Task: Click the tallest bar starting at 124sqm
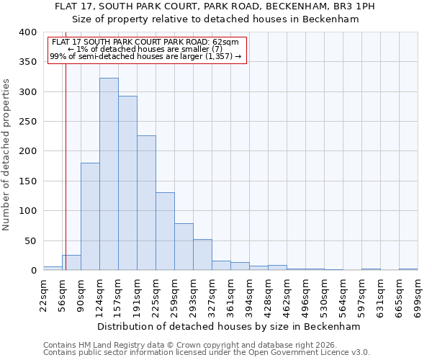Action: pos(109,174)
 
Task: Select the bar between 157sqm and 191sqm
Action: pos(127,184)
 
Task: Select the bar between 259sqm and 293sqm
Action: pos(184,247)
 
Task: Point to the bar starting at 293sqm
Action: pos(202,255)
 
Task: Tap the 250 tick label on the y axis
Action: pos(27,122)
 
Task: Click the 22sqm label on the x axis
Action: pos(43,295)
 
